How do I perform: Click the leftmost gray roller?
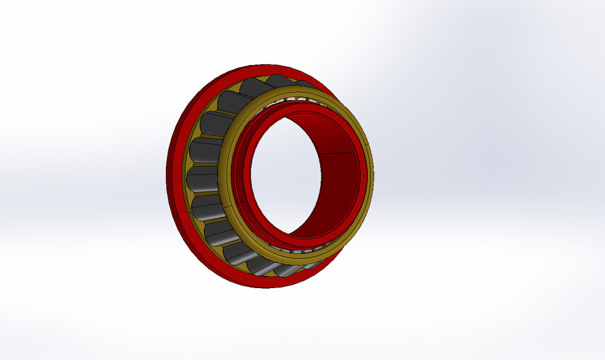[x=203, y=178]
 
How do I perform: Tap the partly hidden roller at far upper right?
[x=306, y=86]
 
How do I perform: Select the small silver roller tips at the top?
[x=296, y=98]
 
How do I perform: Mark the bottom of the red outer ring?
[x=265, y=283]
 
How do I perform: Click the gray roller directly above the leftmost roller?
[x=205, y=150]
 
